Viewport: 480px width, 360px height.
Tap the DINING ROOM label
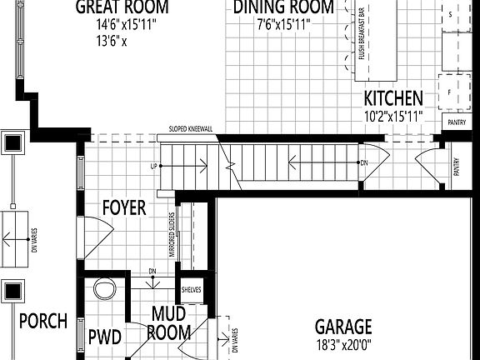click(x=284, y=7)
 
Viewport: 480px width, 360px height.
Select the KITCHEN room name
click(x=393, y=98)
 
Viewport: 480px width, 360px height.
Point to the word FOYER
click(x=124, y=207)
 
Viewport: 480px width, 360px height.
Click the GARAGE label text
click(x=343, y=327)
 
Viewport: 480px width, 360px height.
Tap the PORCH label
click(x=42, y=321)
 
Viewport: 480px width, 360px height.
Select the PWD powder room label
click(x=105, y=337)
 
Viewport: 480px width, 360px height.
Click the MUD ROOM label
click(x=169, y=323)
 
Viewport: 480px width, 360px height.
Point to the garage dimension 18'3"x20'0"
click(x=343, y=343)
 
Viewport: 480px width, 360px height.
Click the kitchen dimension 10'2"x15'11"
click(x=393, y=116)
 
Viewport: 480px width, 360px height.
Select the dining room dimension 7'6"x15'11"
click(x=284, y=24)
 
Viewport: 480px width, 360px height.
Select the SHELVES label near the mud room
click(x=192, y=291)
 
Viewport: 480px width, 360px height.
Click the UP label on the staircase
click(x=154, y=167)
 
